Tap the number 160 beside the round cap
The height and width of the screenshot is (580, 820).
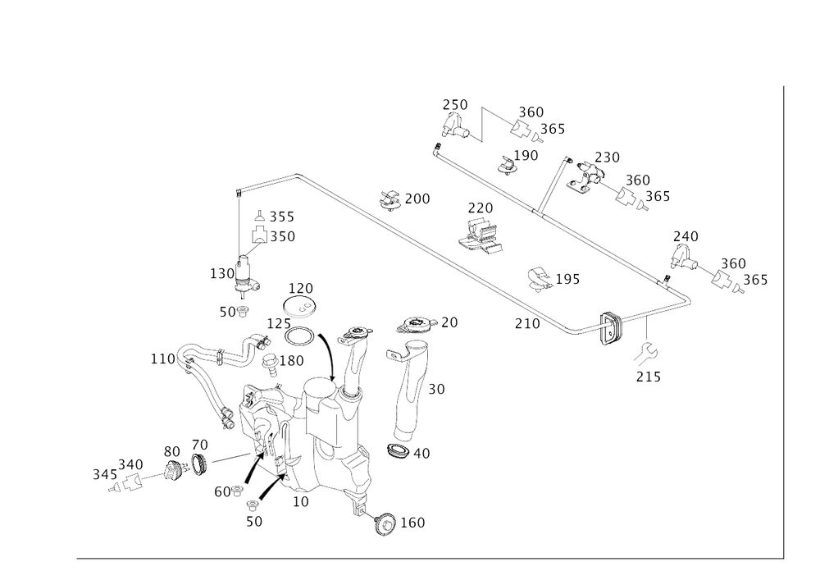[414, 522]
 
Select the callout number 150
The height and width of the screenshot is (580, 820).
[293, 361]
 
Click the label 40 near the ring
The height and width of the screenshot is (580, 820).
[422, 452]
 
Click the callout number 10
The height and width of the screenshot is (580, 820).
[302, 500]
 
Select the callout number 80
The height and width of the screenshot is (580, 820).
[171, 453]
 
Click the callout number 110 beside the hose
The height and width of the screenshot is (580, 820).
[159, 359]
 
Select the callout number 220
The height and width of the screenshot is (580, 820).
[300, 288]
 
